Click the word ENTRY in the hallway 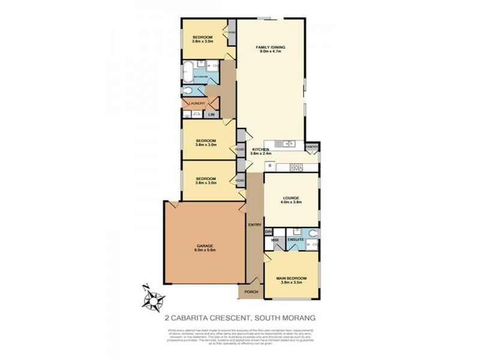coord(254,224)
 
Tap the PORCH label coord(251,292)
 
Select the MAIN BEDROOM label coord(292,278)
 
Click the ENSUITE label coord(296,240)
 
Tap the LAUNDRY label coord(197,103)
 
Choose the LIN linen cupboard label coord(211,114)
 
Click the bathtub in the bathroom coord(187,68)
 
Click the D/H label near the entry coord(268,232)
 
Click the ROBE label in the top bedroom coord(231,32)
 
